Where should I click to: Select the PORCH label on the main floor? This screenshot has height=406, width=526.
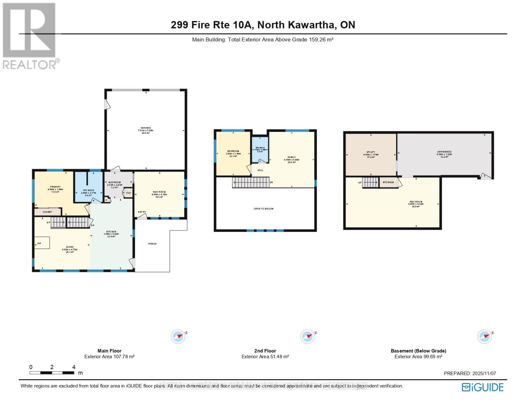pyautogui.click(x=152, y=244)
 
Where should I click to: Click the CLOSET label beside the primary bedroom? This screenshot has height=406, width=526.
pyautogui.click(x=47, y=212)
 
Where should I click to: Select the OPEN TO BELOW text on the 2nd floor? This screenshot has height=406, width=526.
pyautogui.click(x=264, y=209)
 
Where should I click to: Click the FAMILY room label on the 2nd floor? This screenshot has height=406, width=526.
pyautogui.click(x=292, y=157)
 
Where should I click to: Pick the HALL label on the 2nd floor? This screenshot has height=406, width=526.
pyautogui.click(x=260, y=170)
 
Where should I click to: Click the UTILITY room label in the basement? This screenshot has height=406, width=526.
pyautogui.click(x=371, y=152)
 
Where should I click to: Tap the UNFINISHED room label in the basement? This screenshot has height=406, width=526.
pyautogui.click(x=444, y=152)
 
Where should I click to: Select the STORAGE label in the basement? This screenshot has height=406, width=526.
pyautogui.click(x=388, y=182)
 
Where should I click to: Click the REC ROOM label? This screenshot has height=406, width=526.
pyautogui.click(x=416, y=202)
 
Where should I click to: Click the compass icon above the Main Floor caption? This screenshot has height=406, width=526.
pyautogui.click(x=178, y=336)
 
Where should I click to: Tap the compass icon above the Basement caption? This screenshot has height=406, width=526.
pyautogui.click(x=484, y=336)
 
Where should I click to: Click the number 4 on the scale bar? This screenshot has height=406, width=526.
pyautogui.click(x=74, y=367)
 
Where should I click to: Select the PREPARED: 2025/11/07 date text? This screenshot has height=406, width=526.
pyautogui.click(x=470, y=374)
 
